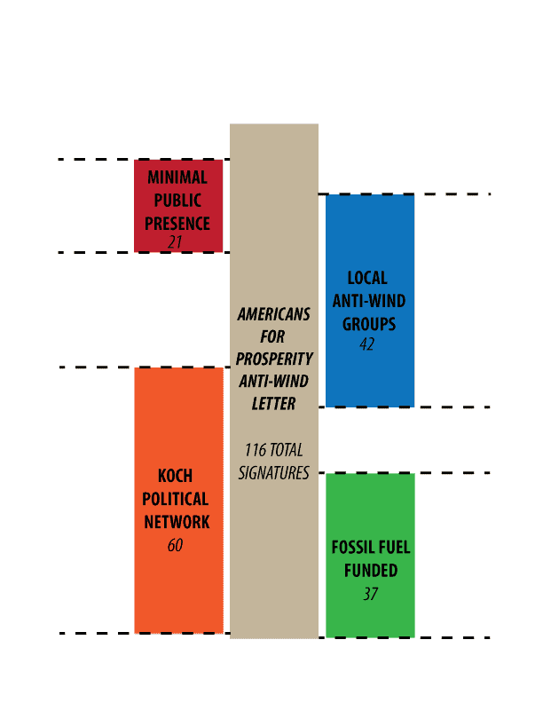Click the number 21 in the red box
(175, 242)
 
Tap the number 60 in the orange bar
(175, 545)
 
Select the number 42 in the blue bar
(367, 344)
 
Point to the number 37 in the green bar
(371, 594)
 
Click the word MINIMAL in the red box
(177, 178)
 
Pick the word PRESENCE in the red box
(177, 224)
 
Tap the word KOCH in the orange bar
(175, 476)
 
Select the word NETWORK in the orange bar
(177, 522)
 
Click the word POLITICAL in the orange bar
(175, 499)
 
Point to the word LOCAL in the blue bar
(367, 278)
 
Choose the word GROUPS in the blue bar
(369, 324)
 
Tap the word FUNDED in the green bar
(371, 570)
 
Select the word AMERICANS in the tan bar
(274, 314)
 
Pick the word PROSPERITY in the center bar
(274, 359)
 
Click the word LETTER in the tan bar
(273, 404)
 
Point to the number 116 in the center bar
(256, 450)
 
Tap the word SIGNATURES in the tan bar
(274, 472)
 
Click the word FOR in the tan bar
(272, 336)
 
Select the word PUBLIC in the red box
(177, 201)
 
